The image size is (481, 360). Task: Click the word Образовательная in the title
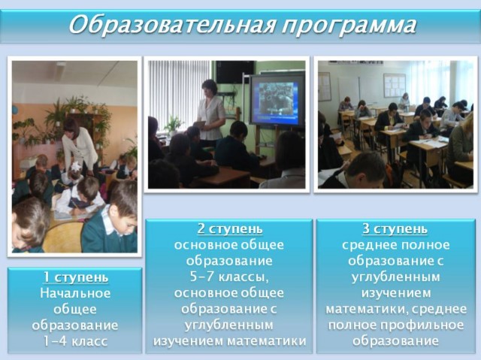click(171, 25)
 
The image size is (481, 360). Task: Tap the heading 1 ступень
click(76, 277)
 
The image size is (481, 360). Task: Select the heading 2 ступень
click(230, 228)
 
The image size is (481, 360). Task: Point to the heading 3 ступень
click(395, 228)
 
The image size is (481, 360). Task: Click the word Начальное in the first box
click(75, 293)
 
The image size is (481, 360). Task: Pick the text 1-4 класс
click(75, 341)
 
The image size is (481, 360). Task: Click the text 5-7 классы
click(229, 277)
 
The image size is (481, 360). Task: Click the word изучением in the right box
click(396, 293)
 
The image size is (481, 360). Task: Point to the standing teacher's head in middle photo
click(210, 89)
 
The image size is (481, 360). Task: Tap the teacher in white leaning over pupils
click(80, 147)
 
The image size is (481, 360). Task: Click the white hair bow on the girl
click(75, 167)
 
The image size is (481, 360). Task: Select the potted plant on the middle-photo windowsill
click(173, 125)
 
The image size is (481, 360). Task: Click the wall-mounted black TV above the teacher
click(234, 71)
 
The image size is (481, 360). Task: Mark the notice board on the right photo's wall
click(395, 85)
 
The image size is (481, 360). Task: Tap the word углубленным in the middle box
click(228, 325)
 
